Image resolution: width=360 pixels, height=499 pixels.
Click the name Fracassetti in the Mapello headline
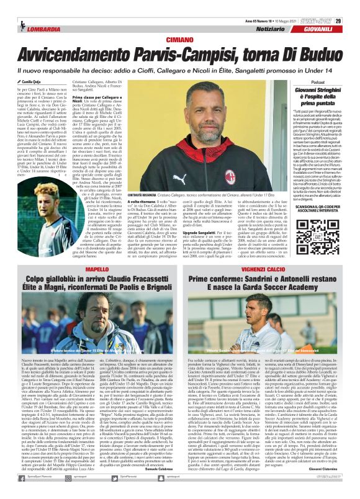coord(137,260)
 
